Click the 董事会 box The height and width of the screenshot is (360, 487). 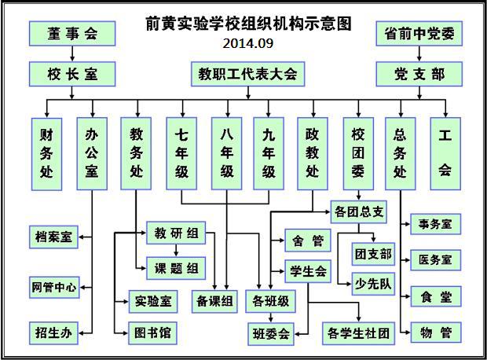(72, 33)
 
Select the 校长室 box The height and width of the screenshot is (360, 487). (72, 74)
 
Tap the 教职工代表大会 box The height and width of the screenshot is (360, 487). (247, 74)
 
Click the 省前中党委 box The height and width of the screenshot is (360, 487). (419, 33)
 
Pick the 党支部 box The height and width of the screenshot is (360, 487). (419, 74)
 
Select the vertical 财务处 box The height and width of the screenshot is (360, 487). (46, 153)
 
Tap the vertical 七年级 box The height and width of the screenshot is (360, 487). (181, 153)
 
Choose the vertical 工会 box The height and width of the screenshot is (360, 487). (445, 153)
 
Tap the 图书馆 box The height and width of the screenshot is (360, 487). (153, 333)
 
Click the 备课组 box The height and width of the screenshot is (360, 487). (214, 300)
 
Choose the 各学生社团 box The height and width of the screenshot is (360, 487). (357, 333)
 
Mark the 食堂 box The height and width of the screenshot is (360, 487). (435, 296)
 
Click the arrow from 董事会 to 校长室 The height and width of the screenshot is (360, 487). (72, 53)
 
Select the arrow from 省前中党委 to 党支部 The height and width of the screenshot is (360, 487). (419, 53)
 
